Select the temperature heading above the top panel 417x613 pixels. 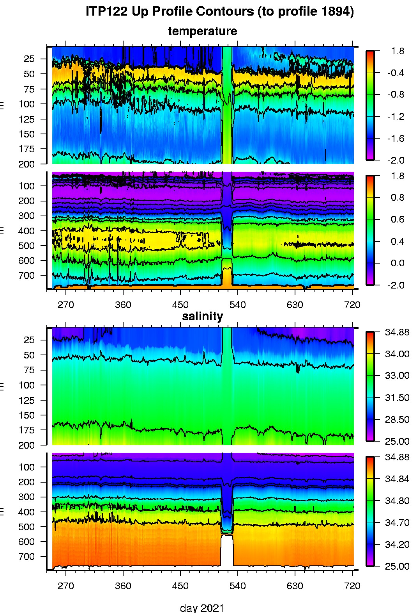pyautogui.click(x=202, y=31)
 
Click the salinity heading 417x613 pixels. pyautogui.click(x=202, y=316)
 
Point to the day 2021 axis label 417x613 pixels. pyautogui.click(x=202, y=608)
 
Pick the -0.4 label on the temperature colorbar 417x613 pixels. pyautogui.click(x=395, y=73)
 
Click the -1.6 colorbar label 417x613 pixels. pyautogui.click(x=395, y=139)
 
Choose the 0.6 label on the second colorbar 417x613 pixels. pyautogui.click(x=398, y=219)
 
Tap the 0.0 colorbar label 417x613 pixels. pyautogui.click(x=398, y=263)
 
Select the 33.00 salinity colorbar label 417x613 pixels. pyautogui.click(x=397, y=376)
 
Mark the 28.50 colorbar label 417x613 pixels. pyautogui.click(x=397, y=420)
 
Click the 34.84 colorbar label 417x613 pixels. pyautogui.click(x=397, y=479)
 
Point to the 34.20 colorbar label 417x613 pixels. pyautogui.click(x=397, y=545)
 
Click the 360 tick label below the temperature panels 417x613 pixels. pyautogui.click(x=123, y=305)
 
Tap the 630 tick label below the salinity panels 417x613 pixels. pyautogui.click(x=295, y=586)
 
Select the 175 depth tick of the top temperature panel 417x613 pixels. pyautogui.click(x=27, y=149)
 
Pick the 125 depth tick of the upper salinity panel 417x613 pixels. pyautogui.click(x=27, y=400)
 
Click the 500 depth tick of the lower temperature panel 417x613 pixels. pyautogui.click(x=27, y=246)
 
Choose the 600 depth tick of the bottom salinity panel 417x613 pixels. pyautogui.click(x=27, y=542)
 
